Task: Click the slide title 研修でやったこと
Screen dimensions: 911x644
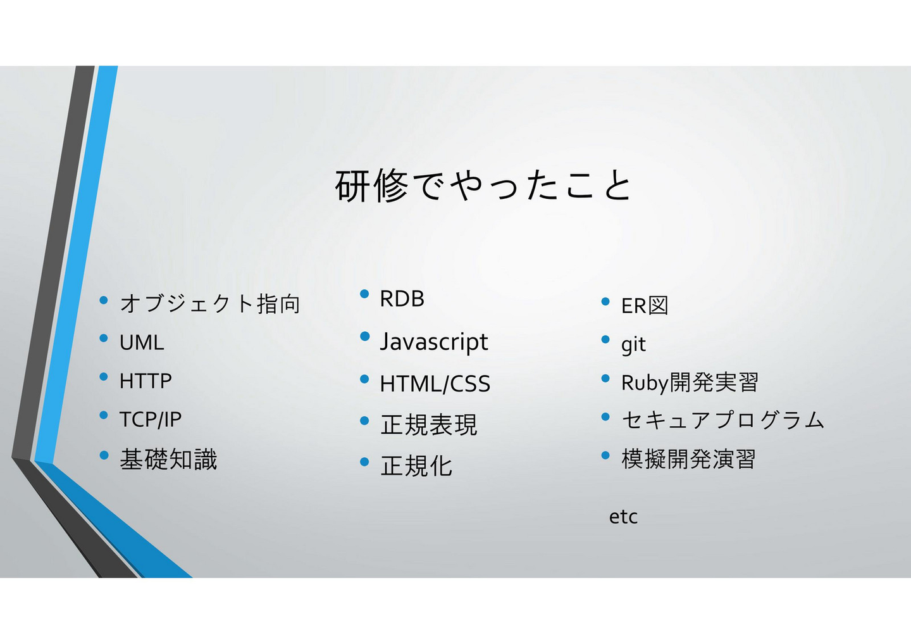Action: pyautogui.click(x=483, y=186)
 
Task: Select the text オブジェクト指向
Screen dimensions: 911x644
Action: pyautogui.click(x=210, y=304)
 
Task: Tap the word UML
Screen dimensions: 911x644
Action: pyautogui.click(x=142, y=343)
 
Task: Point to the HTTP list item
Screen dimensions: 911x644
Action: pyautogui.click(x=146, y=381)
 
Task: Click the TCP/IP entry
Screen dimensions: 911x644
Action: pyautogui.click(x=151, y=419)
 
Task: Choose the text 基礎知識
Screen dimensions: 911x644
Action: pyautogui.click(x=168, y=459)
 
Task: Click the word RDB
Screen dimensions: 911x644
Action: pyautogui.click(x=402, y=298)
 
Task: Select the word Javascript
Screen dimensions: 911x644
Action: pyautogui.click(x=433, y=342)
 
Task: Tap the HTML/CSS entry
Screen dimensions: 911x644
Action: pyautogui.click(x=435, y=384)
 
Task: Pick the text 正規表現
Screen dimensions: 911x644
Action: pyautogui.click(x=429, y=424)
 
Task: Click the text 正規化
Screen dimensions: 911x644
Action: pyautogui.click(x=416, y=465)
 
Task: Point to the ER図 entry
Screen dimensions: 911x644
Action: pyautogui.click(x=645, y=305)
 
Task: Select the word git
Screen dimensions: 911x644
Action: pyautogui.click(x=633, y=344)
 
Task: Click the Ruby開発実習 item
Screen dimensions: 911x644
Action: pyautogui.click(x=690, y=382)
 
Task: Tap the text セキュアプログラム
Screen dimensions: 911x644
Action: pyautogui.click(x=722, y=420)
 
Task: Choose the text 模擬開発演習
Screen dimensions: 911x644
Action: pyautogui.click(x=688, y=458)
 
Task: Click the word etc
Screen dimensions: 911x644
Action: pyautogui.click(x=623, y=517)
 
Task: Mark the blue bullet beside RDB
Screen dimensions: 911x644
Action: pyautogui.click(x=364, y=294)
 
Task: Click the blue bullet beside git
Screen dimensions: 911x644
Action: pyautogui.click(x=605, y=339)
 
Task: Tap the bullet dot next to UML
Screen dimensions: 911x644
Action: pyautogui.click(x=104, y=338)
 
